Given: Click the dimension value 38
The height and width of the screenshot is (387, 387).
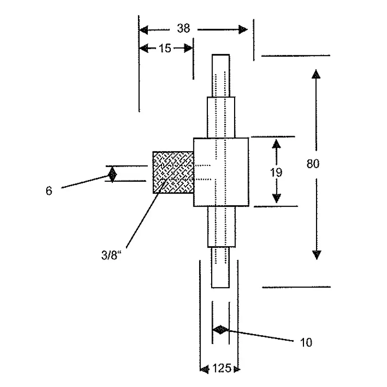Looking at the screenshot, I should pos(184,28).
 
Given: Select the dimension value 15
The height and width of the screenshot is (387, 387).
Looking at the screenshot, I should pos(165,48).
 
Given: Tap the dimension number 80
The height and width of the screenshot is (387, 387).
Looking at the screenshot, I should pos(313,164).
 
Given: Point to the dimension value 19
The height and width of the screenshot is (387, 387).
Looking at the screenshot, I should pos(277,172).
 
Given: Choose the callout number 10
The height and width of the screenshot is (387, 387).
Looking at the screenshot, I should pos(307,343).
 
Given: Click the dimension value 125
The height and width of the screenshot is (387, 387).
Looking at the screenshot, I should pos(221,368).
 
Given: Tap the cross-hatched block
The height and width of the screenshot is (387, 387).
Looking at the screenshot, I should pos(173,173).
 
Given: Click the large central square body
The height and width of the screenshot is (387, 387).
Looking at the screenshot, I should pos(221,172).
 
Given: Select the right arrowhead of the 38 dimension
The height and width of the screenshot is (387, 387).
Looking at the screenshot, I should pos(243,29).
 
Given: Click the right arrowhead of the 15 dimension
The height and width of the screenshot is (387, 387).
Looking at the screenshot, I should pos(188,48).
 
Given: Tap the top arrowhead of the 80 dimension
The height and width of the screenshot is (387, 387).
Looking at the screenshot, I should pos(316,74).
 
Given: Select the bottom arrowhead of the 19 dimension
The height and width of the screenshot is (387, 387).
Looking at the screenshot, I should pos(277,198).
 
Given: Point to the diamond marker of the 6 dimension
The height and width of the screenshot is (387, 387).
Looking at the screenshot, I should pos(112,175).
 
